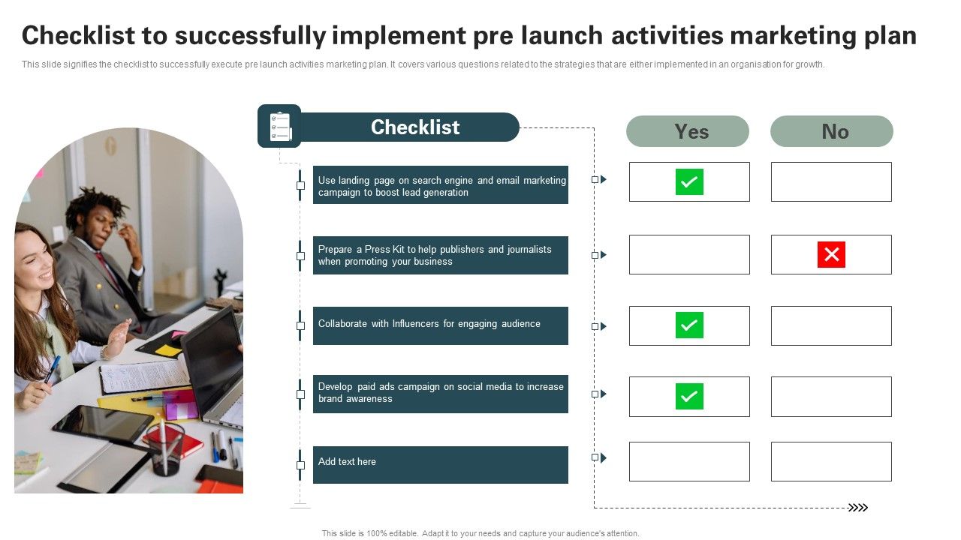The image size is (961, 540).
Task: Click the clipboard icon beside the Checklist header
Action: pos(279,126)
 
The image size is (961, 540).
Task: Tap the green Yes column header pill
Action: pos(688,131)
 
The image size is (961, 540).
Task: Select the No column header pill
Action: pos(832,131)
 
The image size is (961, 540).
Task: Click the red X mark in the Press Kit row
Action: pos(831,255)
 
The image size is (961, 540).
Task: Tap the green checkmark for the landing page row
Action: pos(689,181)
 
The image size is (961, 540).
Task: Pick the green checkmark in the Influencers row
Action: pos(689,325)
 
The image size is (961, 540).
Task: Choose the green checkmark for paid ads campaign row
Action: pos(689,396)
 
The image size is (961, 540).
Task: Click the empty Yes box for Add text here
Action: pos(689,461)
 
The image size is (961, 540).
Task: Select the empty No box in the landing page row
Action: pos(831,181)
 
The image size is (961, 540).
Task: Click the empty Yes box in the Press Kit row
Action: pos(689,255)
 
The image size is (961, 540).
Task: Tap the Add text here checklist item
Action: pos(440,465)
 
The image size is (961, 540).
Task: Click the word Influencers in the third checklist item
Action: pos(416,324)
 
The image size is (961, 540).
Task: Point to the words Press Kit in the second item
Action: pos(384,249)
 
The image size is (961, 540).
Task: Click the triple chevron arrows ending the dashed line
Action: pos(857,508)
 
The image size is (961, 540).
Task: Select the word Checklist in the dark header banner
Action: pos(414,127)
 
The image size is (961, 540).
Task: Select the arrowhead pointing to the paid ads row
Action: pos(603,394)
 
